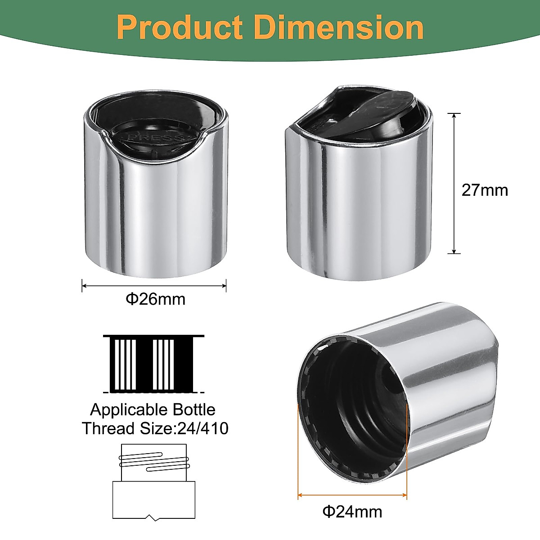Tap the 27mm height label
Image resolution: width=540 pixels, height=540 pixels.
pos(484,190)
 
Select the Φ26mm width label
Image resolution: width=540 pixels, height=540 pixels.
pos(155,299)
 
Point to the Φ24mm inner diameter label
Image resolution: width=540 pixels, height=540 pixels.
pos(352,512)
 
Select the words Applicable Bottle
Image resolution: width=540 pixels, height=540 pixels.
pos(153,409)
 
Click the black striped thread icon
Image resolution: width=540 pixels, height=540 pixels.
pos(153,364)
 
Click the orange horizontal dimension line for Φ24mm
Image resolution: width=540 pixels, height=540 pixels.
pos(352,495)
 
